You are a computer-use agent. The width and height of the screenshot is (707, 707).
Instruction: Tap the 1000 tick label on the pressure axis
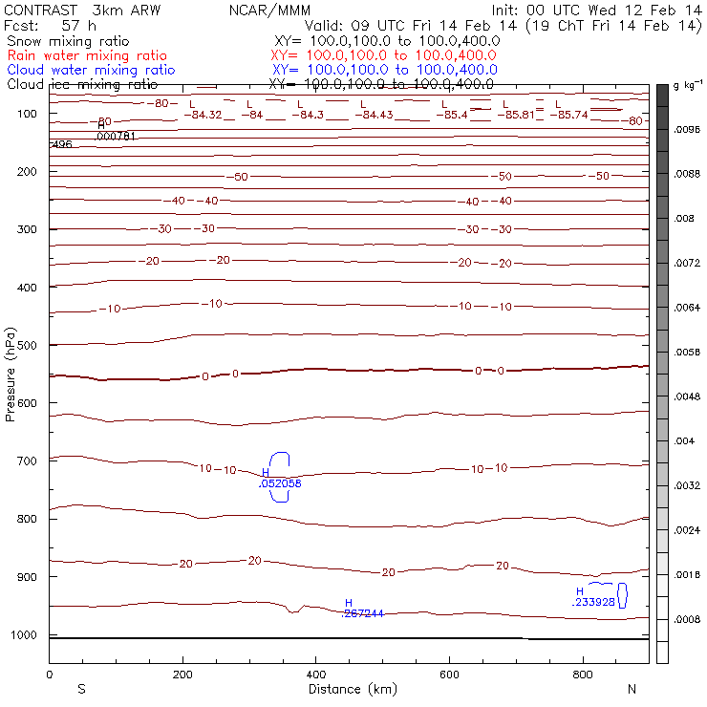click(27, 635)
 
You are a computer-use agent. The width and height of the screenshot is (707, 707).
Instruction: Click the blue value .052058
click(280, 484)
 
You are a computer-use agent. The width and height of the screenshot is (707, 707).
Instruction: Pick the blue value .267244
click(363, 613)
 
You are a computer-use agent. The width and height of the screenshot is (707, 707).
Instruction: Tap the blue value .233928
click(594, 603)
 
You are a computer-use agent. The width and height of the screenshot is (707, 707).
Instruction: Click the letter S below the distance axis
click(82, 689)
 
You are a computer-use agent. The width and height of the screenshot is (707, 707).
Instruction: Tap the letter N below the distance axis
click(632, 689)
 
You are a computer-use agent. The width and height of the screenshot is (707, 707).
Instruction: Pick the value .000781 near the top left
click(117, 137)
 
